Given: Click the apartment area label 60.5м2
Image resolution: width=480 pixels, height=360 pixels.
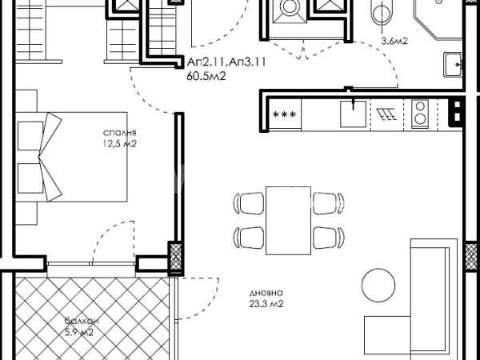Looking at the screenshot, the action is (x=206, y=76).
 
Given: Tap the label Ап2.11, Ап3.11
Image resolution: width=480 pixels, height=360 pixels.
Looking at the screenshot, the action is (x=226, y=62).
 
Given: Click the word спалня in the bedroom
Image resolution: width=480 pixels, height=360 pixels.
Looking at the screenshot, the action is (x=119, y=133).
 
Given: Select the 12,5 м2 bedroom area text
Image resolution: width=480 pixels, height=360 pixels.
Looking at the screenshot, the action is (x=119, y=143).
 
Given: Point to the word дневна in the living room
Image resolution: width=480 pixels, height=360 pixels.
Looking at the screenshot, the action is (x=266, y=293).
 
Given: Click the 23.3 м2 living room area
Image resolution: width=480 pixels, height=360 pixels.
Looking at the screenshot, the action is (x=266, y=304).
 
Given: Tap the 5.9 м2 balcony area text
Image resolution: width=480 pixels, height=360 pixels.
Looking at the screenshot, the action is (x=79, y=332).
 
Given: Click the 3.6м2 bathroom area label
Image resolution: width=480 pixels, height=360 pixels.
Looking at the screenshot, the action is (x=394, y=41).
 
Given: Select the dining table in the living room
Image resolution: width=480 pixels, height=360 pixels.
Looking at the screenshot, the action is (x=288, y=221).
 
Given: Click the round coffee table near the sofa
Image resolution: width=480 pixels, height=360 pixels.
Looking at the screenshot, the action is (x=378, y=286).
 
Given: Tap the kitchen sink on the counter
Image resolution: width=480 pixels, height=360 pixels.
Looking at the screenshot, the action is (x=353, y=114).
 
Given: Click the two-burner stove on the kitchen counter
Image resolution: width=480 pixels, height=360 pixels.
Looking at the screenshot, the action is (x=420, y=114).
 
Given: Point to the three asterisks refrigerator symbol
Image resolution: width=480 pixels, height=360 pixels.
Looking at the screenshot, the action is (x=285, y=114).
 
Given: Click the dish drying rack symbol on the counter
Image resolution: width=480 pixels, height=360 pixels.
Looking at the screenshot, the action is (x=386, y=114).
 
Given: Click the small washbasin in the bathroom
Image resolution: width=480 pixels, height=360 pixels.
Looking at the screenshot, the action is (x=453, y=65).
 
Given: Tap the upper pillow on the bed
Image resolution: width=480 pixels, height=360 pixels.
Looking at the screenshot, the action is (x=30, y=136).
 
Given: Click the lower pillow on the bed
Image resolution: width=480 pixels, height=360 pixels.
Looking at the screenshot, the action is (x=30, y=178).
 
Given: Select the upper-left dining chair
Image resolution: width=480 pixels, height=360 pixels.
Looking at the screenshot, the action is (x=249, y=203).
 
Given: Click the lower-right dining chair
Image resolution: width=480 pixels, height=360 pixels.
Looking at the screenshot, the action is (x=329, y=238).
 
